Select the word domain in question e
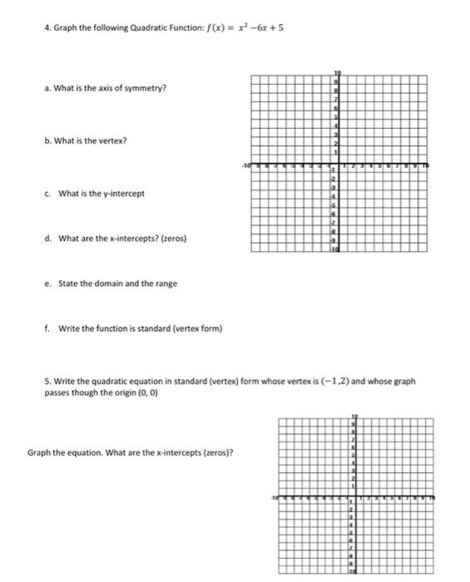pos(97,284)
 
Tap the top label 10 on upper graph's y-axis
pos(337,73)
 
